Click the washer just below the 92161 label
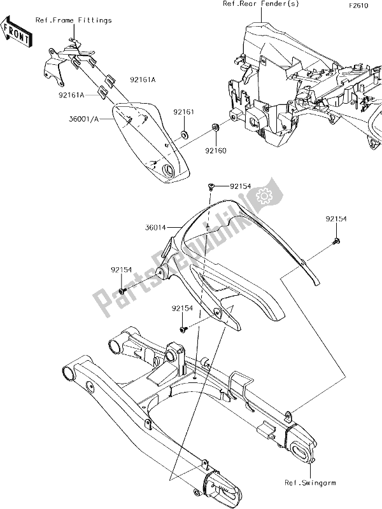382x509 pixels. pos(185,134)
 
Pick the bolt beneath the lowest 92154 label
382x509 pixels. pos(181,329)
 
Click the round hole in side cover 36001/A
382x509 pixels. pos(170,170)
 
